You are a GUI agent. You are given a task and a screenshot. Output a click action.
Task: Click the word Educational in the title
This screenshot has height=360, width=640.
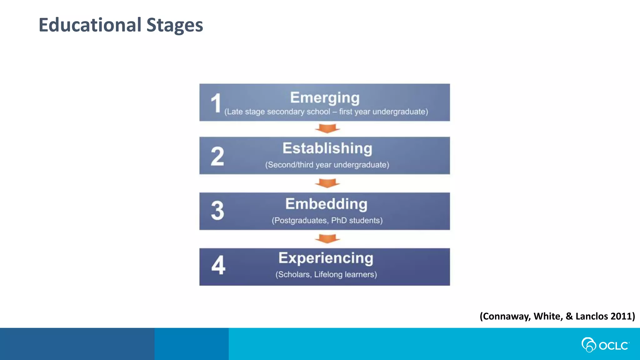[90, 25]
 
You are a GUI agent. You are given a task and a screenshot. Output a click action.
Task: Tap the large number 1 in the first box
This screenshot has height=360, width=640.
[216, 103]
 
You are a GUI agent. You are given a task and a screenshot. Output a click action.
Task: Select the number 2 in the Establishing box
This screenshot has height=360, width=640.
[217, 156]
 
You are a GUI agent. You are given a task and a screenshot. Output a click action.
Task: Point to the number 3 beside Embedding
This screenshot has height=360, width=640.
[217, 211]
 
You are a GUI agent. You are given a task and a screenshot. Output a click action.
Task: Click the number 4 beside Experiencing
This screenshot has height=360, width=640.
[218, 265]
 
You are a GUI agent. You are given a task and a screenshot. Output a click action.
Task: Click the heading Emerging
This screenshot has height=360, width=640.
[325, 98]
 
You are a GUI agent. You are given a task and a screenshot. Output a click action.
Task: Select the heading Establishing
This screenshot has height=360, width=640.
[327, 148]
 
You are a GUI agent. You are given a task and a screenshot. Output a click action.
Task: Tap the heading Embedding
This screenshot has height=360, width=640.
[326, 204]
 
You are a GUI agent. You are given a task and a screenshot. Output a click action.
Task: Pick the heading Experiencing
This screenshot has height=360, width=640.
[326, 258]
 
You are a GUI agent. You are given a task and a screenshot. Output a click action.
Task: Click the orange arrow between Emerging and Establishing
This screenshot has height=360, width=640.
[327, 128]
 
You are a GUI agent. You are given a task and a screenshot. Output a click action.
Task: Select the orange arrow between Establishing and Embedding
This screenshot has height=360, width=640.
[327, 183]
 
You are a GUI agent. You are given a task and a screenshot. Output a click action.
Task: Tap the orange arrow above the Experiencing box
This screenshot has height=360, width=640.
[327, 238]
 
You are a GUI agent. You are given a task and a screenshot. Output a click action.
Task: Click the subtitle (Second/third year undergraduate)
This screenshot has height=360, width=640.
[327, 165]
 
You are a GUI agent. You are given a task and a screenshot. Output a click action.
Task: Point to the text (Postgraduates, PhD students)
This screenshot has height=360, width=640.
[327, 220]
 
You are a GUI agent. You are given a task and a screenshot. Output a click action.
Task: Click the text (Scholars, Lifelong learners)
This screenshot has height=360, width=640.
[326, 274]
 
